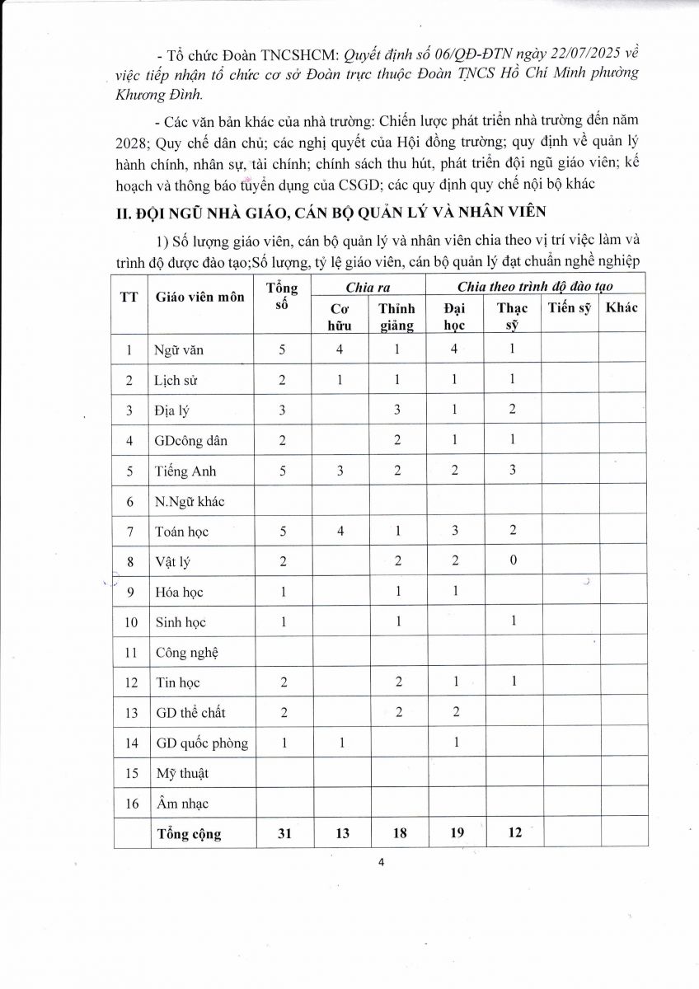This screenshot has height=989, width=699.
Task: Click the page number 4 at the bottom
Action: pyautogui.click(x=381, y=863)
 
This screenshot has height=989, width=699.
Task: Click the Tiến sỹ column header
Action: pyautogui.click(x=569, y=308)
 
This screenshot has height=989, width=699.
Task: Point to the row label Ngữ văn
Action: pyautogui.click(x=179, y=349)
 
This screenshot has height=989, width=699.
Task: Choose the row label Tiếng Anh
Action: pyautogui.click(x=185, y=471)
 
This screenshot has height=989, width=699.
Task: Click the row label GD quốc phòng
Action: pyautogui.click(x=202, y=743)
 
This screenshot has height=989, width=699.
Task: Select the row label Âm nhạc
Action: pyautogui.click(x=182, y=804)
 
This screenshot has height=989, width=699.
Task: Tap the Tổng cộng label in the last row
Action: pyautogui.click(x=189, y=834)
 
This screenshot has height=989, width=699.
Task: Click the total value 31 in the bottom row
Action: pyautogui.click(x=282, y=834)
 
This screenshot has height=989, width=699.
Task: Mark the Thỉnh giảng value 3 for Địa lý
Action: pyautogui.click(x=396, y=410)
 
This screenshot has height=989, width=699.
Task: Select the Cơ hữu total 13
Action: pyautogui.click(x=342, y=834)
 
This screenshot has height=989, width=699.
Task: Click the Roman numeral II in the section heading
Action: pyautogui.click(x=121, y=213)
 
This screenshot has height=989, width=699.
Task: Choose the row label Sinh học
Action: pyautogui.click(x=181, y=622)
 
